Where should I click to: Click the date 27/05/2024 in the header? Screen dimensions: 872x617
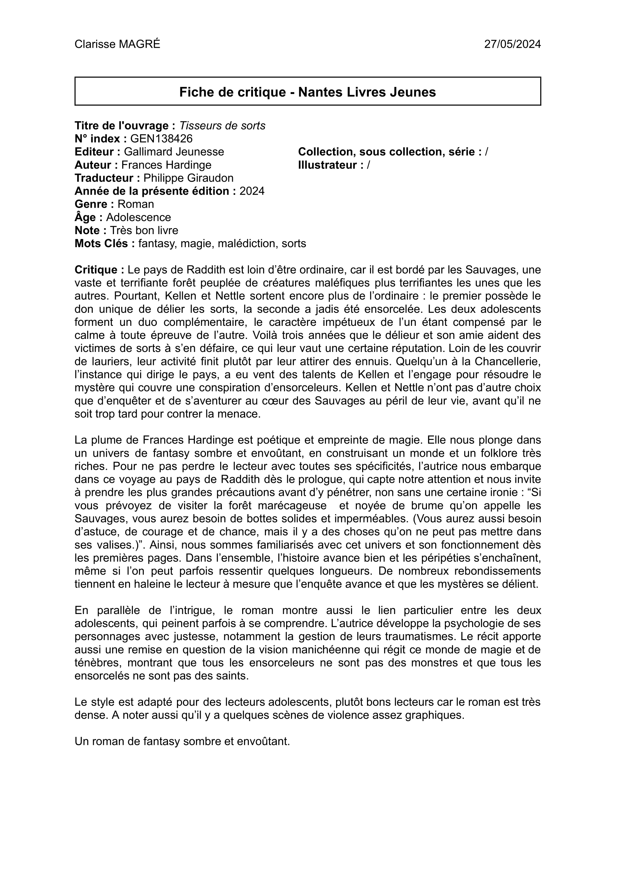(x=512, y=44)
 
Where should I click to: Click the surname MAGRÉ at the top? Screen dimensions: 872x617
(x=139, y=44)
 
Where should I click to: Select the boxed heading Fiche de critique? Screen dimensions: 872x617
(x=307, y=92)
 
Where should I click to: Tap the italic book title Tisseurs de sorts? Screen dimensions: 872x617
(x=222, y=125)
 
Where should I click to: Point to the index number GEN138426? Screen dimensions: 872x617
(x=161, y=139)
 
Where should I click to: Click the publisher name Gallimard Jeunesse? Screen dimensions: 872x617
(x=174, y=152)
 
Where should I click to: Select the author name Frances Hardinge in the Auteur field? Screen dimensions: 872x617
(x=167, y=165)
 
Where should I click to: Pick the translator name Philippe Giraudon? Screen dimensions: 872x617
(x=189, y=178)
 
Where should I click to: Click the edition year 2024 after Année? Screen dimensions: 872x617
(x=252, y=191)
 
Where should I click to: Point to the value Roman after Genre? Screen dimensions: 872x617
(x=136, y=204)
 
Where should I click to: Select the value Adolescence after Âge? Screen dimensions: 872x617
(x=138, y=217)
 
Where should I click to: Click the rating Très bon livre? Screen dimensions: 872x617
(x=144, y=230)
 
